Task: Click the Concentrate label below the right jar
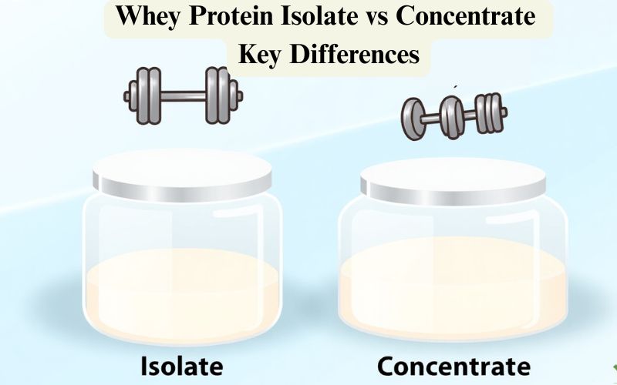click(x=453, y=364)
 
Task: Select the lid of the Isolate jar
click(x=182, y=173)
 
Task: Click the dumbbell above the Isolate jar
click(x=183, y=95)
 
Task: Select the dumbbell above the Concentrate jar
click(x=453, y=115)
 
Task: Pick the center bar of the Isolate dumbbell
click(x=182, y=95)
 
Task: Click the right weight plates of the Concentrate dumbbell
click(x=487, y=113)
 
